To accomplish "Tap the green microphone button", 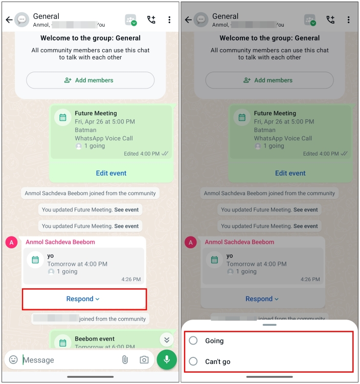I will click(167, 359).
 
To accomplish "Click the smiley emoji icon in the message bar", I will click(14, 360).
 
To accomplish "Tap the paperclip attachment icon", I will click(125, 360).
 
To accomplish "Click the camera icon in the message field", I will click(144, 360).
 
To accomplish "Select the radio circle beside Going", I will click(193, 340).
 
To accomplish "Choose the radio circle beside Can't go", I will click(193, 361).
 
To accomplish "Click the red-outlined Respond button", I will click(84, 299).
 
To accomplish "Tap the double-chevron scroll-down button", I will click(166, 339).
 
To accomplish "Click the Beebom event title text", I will click(95, 338).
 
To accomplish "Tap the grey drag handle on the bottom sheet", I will click(269, 325).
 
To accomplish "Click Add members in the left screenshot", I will click(90, 80).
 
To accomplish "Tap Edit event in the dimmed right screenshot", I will click(290, 173).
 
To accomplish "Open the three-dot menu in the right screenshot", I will click(349, 20).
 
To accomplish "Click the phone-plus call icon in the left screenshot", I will click(151, 20).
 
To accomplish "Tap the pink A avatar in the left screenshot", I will click(12, 243).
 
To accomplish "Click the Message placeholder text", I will click(39, 360).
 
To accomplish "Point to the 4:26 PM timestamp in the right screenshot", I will click(310, 280).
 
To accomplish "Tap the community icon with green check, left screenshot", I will click(131, 20).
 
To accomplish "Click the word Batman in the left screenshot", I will click(85, 130).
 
